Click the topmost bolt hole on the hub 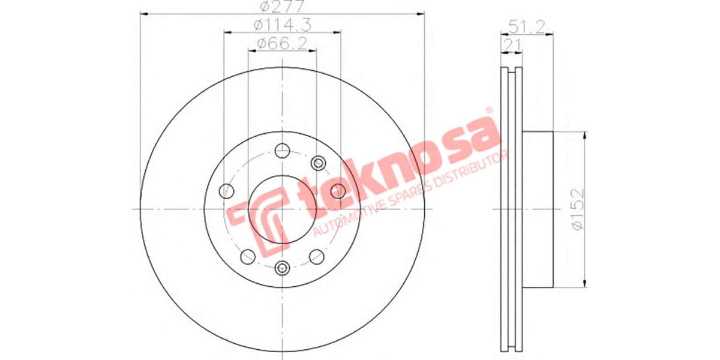[x=281, y=150]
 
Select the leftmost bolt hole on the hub [x=227, y=191]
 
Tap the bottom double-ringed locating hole [x=282, y=268]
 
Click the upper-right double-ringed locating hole [x=319, y=163]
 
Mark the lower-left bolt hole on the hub [x=247, y=257]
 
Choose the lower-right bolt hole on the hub [x=317, y=257]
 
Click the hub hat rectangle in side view [x=537, y=208]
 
